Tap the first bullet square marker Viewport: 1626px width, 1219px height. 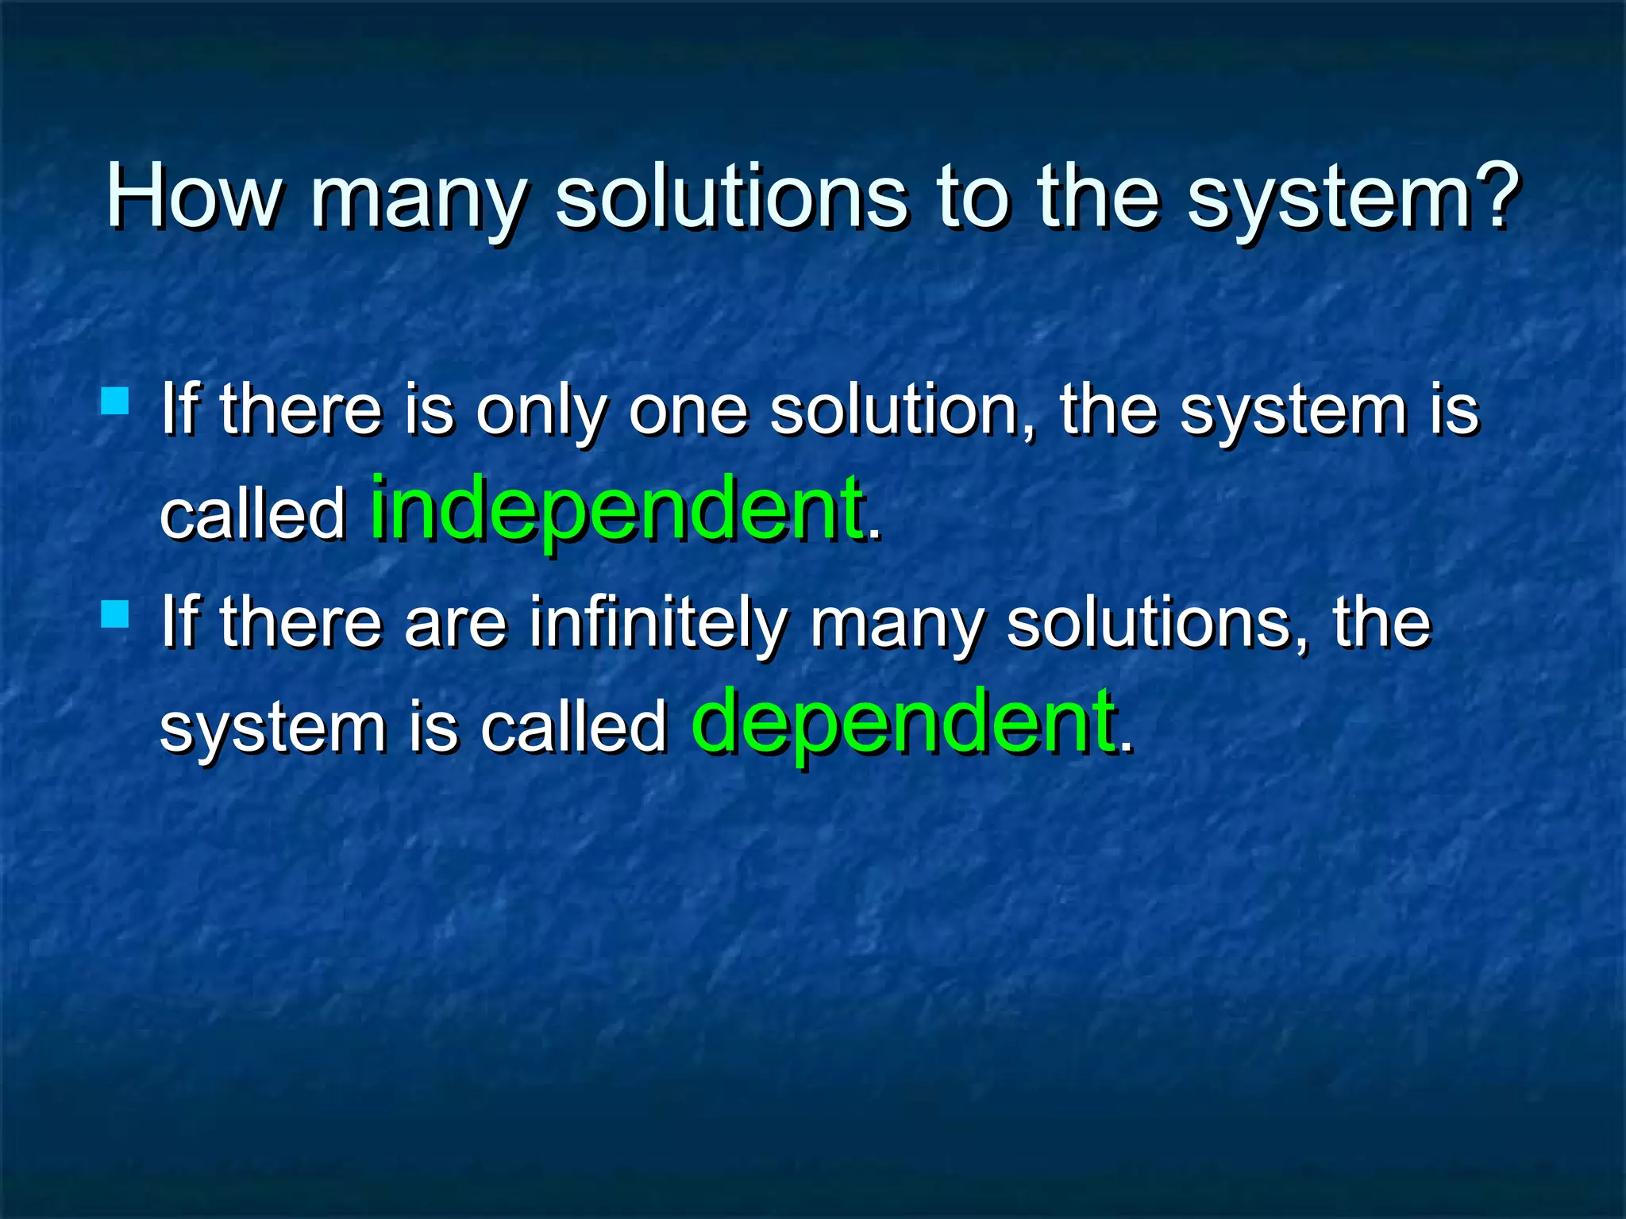click(x=115, y=401)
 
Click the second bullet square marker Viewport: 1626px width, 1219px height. click(x=115, y=614)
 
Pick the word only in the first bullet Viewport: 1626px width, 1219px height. click(x=541, y=412)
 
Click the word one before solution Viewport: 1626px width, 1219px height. click(x=688, y=412)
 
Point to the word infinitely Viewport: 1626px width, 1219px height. click(x=659, y=625)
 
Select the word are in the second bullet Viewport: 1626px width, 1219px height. click(x=455, y=625)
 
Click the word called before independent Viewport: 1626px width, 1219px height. click(x=252, y=514)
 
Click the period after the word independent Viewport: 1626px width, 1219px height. click(x=874, y=536)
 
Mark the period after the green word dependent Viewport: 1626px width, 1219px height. click(x=1125, y=748)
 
